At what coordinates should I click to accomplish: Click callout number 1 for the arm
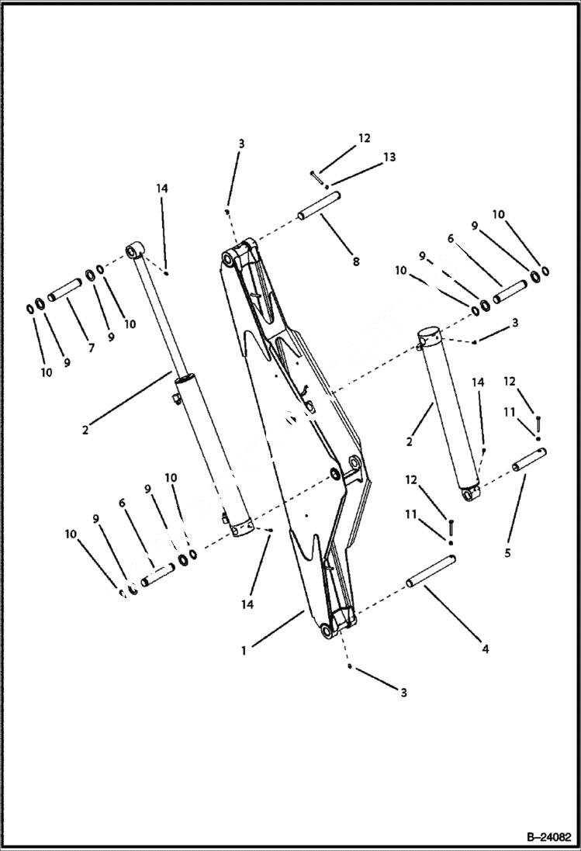[x=244, y=650]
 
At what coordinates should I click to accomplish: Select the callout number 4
[x=486, y=649]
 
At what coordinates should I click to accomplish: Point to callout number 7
[x=91, y=348]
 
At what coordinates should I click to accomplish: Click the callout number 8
[x=355, y=261]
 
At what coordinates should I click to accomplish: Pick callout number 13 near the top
[x=389, y=157]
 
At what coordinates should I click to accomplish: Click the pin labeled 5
[x=528, y=460]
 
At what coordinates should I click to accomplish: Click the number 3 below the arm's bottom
[x=403, y=692]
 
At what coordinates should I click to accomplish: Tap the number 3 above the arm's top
[x=241, y=144]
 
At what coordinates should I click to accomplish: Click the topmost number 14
[x=161, y=189]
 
